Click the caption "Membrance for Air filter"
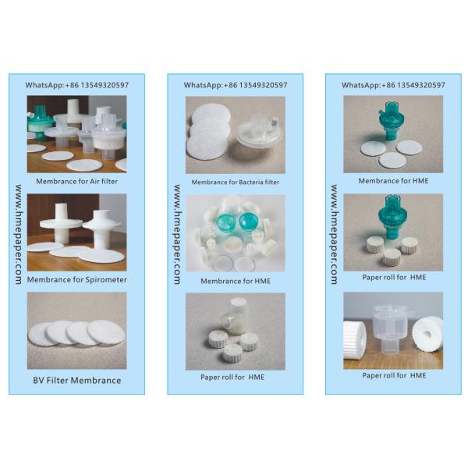(x=76, y=181)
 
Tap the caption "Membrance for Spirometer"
(x=77, y=280)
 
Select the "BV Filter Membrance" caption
(x=77, y=381)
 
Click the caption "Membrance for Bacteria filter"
(x=236, y=182)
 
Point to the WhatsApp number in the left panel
(x=77, y=85)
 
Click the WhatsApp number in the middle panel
(x=236, y=85)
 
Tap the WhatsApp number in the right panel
(x=393, y=85)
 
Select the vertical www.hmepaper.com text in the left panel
(x=19, y=234)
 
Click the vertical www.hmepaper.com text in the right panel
(x=335, y=234)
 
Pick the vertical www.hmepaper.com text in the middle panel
(x=177, y=234)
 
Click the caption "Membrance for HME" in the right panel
(x=393, y=181)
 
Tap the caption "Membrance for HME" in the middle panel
(x=236, y=281)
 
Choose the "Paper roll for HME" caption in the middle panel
(x=232, y=378)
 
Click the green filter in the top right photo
(x=389, y=120)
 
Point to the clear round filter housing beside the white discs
(x=260, y=130)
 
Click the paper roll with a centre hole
(x=427, y=334)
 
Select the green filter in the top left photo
(x=40, y=122)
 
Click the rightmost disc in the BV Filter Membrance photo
(x=106, y=332)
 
